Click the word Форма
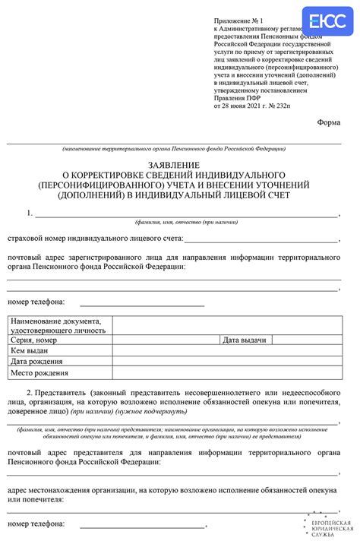[328, 122]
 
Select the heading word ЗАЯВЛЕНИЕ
[173, 164]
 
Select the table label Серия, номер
[34, 340]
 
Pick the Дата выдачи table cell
[244, 340]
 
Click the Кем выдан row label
[30, 350]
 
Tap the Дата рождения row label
[36, 362]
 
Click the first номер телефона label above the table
[36, 302]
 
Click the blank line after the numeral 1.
[186, 215]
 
